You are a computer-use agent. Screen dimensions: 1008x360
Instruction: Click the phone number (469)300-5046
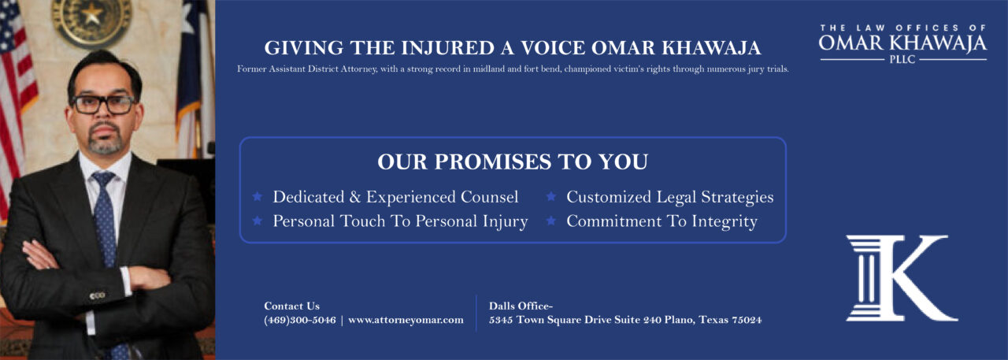(x=300, y=320)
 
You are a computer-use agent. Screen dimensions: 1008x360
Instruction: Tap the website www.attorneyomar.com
(x=406, y=320)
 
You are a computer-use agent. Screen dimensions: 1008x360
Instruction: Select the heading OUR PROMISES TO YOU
(x=513, y=161)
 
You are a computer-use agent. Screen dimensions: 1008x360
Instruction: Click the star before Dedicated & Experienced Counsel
(x=258, y=197)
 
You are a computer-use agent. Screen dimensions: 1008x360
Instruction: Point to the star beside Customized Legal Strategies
(x=551, y=197)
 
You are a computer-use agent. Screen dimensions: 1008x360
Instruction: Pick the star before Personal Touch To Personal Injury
(x=258, y=221)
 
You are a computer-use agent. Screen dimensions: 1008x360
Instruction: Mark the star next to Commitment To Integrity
(x=551, y=221)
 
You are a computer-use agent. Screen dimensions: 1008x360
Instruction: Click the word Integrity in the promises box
(x=724, y=222)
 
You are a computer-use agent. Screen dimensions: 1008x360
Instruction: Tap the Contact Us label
(x=291, y=306)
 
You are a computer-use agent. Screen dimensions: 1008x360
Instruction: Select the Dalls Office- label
(x=521, y=306)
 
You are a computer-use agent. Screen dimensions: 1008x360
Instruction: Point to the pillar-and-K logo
(x=902, y=278)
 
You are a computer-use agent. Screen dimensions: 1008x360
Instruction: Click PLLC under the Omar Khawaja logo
(x=902, y=59)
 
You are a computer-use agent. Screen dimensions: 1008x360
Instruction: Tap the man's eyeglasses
(x=104, y=105)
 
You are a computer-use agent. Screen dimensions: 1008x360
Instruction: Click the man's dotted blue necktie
(x=106, y=234)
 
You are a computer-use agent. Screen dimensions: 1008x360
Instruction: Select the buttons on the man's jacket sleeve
(x=97, y=295)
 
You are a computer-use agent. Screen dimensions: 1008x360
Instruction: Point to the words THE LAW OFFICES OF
(x=902, y=28)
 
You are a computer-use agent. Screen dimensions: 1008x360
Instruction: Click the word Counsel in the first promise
(x=489, y=197)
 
